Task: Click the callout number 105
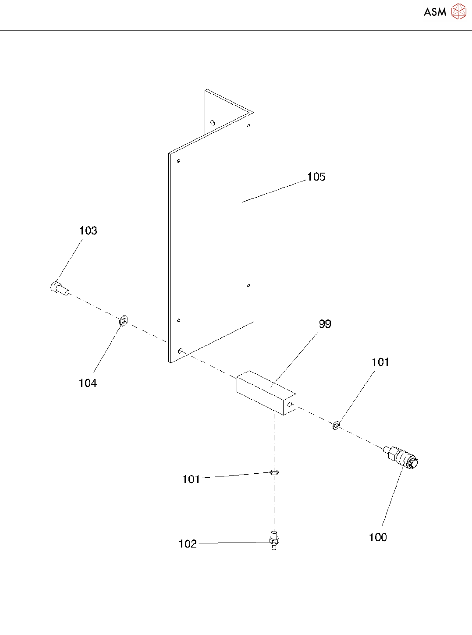coord(316,177)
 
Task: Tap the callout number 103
coord(88,231)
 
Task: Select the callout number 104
coord(88,383)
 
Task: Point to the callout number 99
coord(325,324)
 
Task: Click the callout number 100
coord(378,538)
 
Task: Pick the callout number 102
coord(188,544)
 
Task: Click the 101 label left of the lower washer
coord(191,479)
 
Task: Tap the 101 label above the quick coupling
coord(380,362)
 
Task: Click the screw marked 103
coord(59,288)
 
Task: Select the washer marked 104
coord(124,320)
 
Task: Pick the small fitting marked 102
coord(274,541)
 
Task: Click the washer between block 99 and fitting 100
coord(336,425)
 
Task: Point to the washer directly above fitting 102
coord(274,472)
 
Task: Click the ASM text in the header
coord(435,12)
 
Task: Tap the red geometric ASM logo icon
coord(459,12)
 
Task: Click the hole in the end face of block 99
coord(289,404)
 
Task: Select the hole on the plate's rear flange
coord(213,123)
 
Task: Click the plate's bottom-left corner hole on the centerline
coord(181,351)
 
